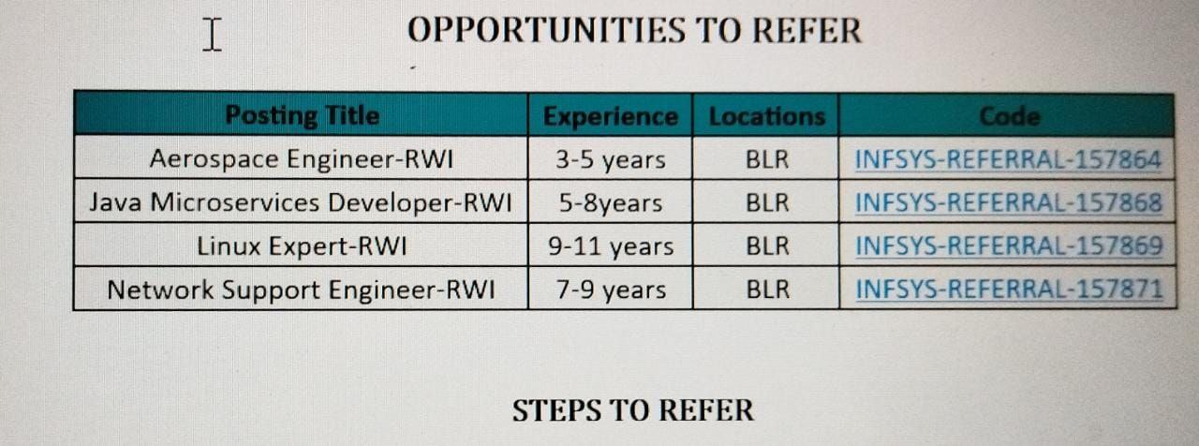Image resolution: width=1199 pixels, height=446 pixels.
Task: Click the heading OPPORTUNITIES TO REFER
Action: (x=634, y=30)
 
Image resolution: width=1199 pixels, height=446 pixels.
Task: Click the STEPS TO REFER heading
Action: (x=632, y=410)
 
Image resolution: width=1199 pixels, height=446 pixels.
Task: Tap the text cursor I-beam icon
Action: (x=212, y=35)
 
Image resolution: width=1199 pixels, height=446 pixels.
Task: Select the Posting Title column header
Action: (x=302, y=115)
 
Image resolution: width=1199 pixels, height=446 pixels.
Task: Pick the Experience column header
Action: (x=610, y=116)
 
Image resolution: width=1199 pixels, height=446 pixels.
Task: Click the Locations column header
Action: (x=766, y=116)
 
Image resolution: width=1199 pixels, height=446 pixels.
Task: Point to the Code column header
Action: (x=1010, y=116)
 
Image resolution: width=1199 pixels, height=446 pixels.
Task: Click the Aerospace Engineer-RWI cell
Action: (x=302, y=159)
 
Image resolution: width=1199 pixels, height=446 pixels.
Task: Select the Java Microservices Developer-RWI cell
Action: (x=301, y=202)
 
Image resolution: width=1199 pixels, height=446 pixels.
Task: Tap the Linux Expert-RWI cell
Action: (x=302, y=246)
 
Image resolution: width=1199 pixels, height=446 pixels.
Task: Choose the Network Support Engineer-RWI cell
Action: (x=301, y=290)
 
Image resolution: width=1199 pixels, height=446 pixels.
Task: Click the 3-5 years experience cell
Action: (x=610, y=159)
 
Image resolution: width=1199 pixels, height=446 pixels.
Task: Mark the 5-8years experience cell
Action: (x=611, y=203)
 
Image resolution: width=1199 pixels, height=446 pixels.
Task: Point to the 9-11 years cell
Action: (x=611, y=246)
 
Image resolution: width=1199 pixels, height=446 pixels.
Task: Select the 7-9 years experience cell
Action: (x=611, y=290)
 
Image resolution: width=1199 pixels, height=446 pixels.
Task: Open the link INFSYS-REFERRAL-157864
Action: (x=1008, y=159)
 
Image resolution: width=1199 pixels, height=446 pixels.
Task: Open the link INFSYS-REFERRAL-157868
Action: (x=1009, y=203)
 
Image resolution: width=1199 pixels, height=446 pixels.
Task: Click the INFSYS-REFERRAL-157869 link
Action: (x=1009, y=246)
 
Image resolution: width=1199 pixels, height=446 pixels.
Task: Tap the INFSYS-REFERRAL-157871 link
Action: (x=1009, y=290)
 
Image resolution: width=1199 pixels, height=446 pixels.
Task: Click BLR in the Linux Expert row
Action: (x=767, y=246)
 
